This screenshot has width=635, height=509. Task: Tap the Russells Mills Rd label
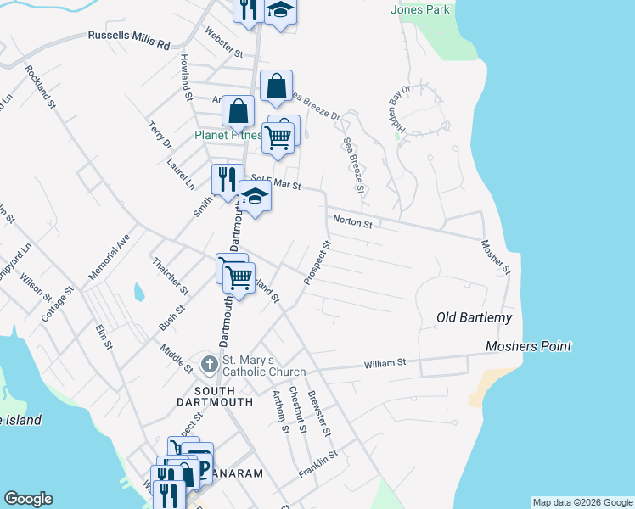tap(129, 38)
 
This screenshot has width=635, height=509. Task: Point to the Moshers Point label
tap(528, 346)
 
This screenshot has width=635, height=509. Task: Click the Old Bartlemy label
tap(475, 317)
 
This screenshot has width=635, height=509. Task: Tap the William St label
tap(385, 362)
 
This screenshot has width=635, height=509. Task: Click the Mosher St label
tap(496, 257)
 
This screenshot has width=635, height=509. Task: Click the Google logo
tap(28, 499)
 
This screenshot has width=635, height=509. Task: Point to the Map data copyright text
tap(582, 502)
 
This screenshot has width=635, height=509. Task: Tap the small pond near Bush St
tap(138, 293)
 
